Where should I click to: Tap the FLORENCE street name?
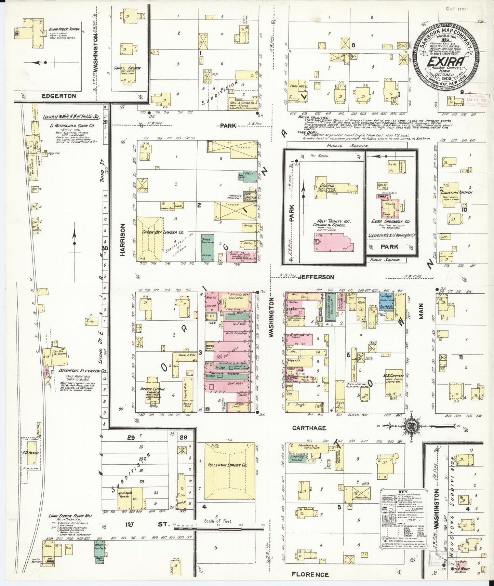pos(310,574)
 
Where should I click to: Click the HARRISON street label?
pos(124,240)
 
